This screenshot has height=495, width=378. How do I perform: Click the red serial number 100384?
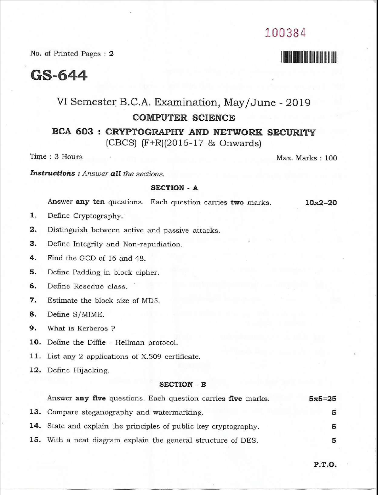[285, 33]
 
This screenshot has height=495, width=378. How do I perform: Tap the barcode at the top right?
[309, 57]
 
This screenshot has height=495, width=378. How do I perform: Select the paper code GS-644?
[59, 75]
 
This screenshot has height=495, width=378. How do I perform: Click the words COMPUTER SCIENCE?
[183, 118]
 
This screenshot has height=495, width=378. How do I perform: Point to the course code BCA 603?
[73, 132]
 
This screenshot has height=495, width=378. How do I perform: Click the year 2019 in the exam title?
[298, 103]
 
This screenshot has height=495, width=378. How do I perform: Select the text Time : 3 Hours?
[56, 157]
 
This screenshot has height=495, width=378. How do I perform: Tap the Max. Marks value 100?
[331, 158]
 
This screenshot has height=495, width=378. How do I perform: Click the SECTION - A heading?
[174, 188]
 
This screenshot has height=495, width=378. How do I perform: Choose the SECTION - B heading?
[182, 385]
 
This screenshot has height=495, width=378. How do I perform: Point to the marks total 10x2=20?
[321, 203]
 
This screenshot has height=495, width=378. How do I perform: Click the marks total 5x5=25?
[322, 399]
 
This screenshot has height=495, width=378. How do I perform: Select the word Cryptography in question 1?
[98, 216]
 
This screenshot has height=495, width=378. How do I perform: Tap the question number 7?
[33, 300]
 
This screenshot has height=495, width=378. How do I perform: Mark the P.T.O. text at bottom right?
[325, 465]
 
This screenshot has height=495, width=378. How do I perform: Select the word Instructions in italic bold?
[52, 173]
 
